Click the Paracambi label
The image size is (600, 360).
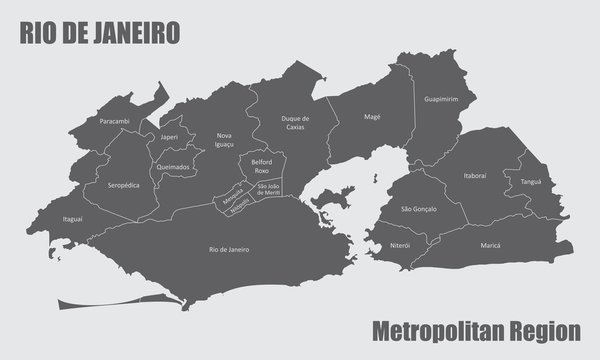[x=115, y=121]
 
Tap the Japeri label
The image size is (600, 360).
[x=168, y=137]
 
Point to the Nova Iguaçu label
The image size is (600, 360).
[x=224, y=140]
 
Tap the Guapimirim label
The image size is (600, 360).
[x=441, y=100]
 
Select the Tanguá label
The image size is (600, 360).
[x=530, y=182]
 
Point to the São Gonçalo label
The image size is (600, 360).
[x=418, y=209]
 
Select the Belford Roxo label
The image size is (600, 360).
[x=262, y=166]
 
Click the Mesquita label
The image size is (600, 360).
[x=232, y=197]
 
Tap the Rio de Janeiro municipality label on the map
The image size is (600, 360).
[x=229, y=247]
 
